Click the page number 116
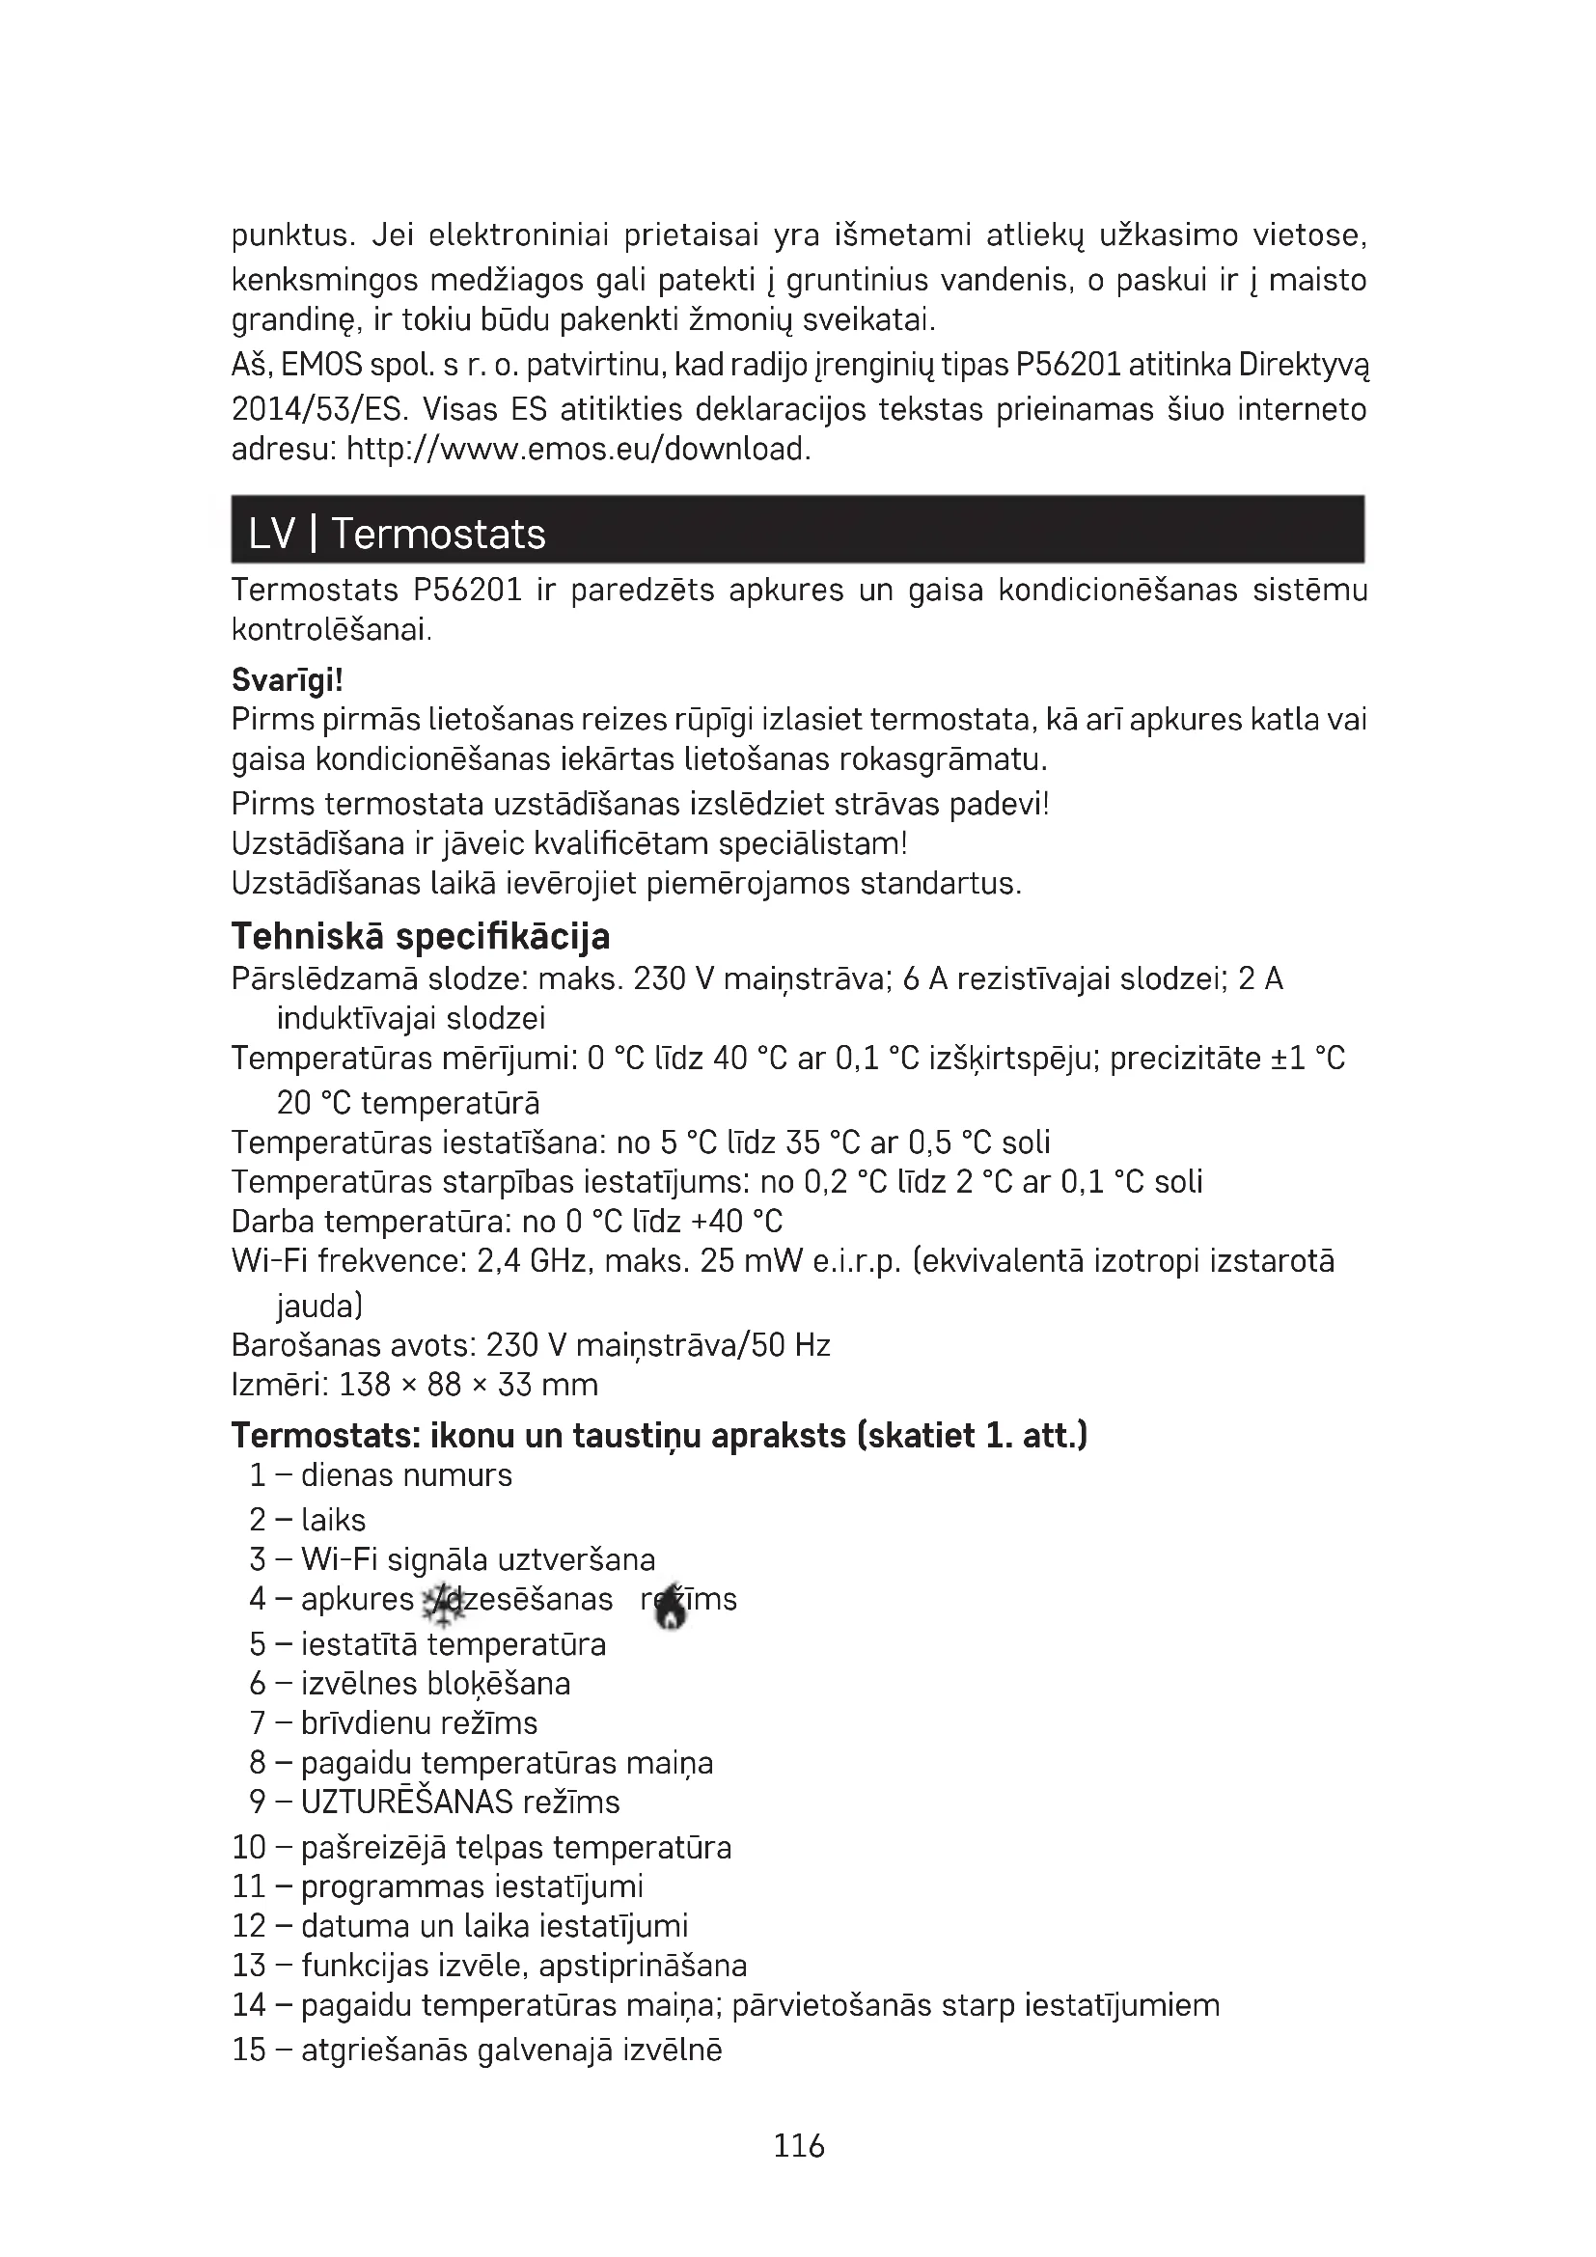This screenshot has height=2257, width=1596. coord(798,2145)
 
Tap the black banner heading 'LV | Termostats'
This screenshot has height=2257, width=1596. coord(397,534)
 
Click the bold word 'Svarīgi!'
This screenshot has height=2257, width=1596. coord(287,679)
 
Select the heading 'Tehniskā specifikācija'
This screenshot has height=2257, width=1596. coord(421,936)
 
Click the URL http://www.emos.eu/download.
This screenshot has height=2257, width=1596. coord(579,450)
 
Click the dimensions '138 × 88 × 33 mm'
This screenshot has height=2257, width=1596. coord(469,1384)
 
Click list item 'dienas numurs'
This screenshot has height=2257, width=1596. coord(406,1474)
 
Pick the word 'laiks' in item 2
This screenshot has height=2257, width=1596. coord(333,1520)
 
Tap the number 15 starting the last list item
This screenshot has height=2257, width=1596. coord(249,2050)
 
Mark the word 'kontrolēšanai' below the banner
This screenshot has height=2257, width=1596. coord(331,628)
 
